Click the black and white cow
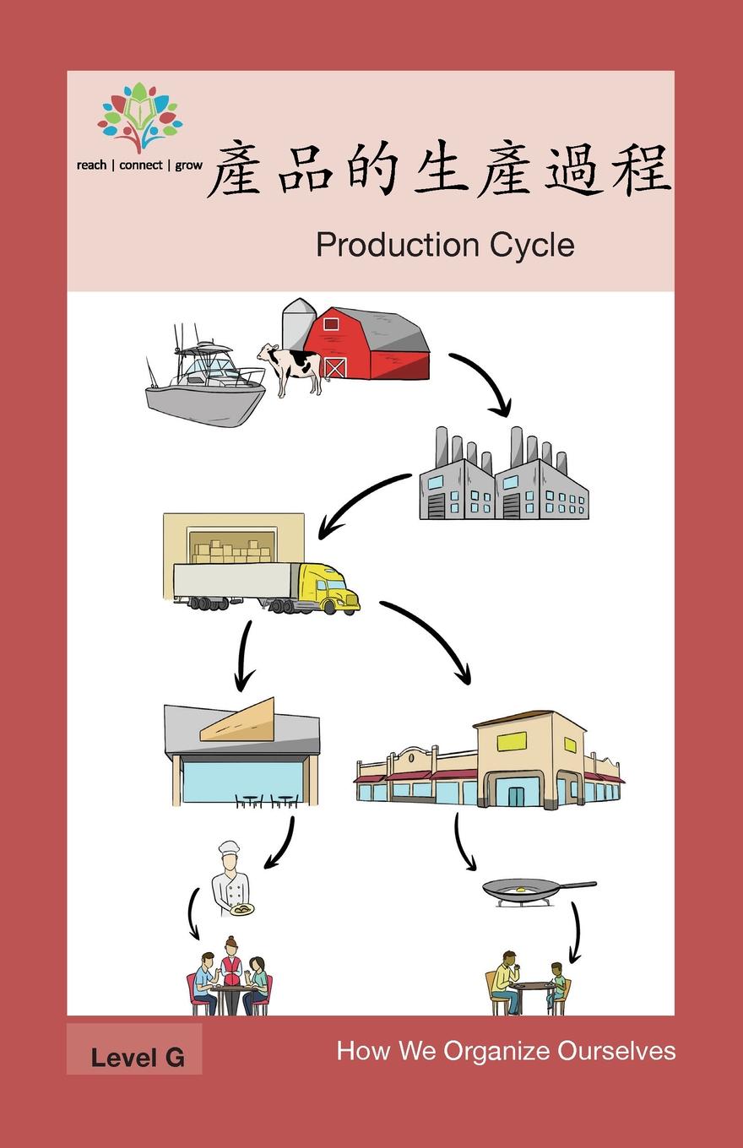(291, 366)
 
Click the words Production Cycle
(445, 245)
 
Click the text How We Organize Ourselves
(506, 1051)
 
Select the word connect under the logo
(141, 165)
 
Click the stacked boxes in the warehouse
(230, 552)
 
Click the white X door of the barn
(335, 367)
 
